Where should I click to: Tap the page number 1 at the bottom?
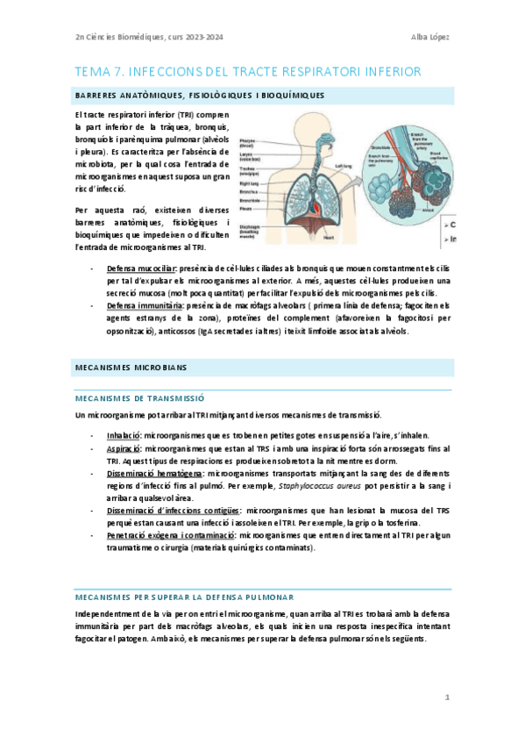tap(446, 697)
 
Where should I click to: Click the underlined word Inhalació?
tap(124, 435)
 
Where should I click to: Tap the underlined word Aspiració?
tap(124, 448)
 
